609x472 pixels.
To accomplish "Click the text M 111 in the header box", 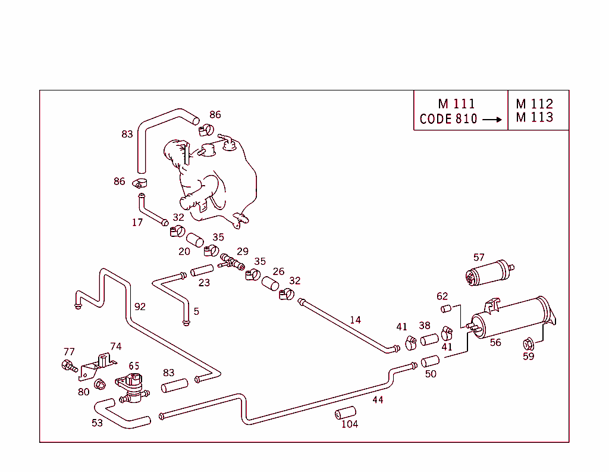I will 456,104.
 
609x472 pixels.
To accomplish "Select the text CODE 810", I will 448,119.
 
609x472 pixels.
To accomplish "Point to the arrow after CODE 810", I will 492,119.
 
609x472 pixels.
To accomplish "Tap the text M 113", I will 535,117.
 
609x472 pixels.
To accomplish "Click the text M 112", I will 535,104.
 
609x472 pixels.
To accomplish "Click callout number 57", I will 479,257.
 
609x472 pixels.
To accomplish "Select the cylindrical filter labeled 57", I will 489,274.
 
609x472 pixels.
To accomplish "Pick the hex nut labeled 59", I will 528,344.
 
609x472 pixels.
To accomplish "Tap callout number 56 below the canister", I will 495,342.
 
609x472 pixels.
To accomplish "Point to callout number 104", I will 350,424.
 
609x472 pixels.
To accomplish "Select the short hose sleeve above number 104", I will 345,413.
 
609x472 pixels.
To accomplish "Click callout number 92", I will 140,307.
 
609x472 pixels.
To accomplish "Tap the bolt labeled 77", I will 68,365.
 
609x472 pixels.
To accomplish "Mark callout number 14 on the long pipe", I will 355,320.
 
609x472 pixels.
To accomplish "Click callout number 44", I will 378,399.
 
